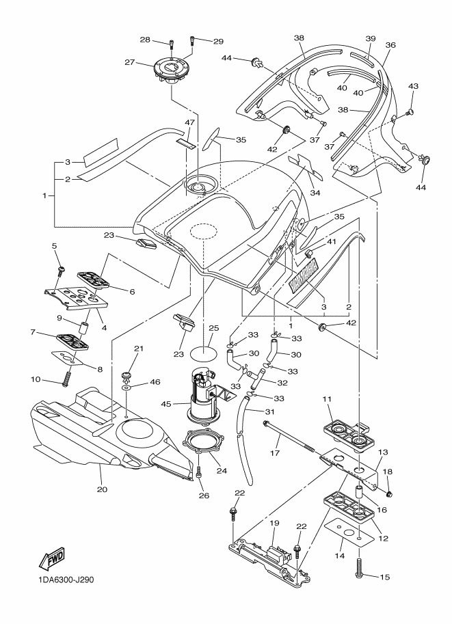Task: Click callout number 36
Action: coord(390,45)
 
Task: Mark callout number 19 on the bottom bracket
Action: coord(274,524)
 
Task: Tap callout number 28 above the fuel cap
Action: coord(145,41)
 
